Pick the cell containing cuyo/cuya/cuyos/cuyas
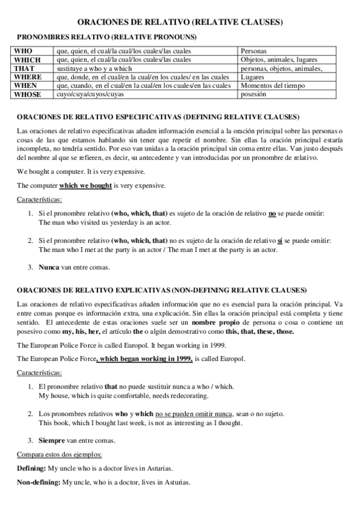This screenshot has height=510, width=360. pos(90,94)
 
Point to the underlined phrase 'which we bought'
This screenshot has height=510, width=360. pos(85,186)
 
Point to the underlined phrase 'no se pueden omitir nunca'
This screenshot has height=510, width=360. pos(194,414)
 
